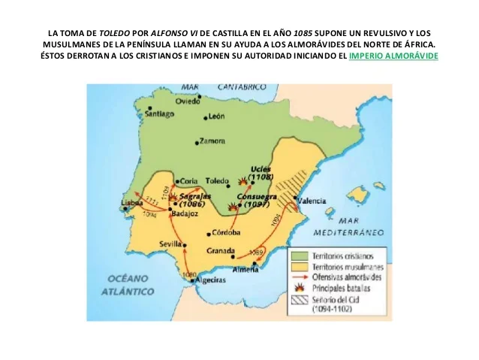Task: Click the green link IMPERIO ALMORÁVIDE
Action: point(393,56)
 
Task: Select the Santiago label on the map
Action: point(160,114)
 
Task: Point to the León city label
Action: point(217,116)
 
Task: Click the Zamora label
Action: point(212,141)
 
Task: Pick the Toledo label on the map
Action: point(216,181)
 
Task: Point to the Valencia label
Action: point(312,201)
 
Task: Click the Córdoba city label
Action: point(226,232)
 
